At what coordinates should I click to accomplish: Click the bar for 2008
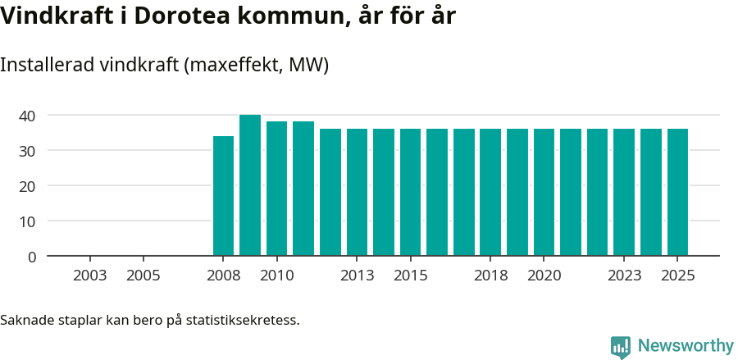[223, 196]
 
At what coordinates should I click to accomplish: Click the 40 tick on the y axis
[28, 116]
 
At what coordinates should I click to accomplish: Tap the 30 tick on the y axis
[28, 151]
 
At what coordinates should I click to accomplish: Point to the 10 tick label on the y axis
[28, 221]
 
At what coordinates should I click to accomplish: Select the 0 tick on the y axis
[32, 257]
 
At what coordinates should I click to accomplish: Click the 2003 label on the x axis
[89, 276]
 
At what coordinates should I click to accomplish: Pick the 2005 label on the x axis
[143, 276]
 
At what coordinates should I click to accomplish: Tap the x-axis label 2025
[677, 276]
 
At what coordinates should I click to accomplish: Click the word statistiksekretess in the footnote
[243, 320]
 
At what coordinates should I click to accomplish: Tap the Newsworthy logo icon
[621, 347]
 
